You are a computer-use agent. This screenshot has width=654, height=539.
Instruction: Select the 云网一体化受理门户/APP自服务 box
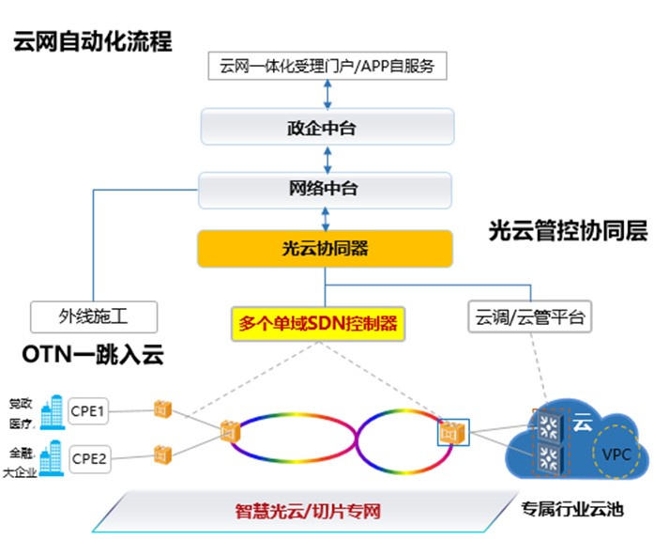pos(327,67)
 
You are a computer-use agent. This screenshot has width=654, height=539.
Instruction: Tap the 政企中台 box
pos(327,127)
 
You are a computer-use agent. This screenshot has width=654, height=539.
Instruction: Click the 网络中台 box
pos(327,189)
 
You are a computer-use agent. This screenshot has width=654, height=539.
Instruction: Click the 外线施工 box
pos(93,317)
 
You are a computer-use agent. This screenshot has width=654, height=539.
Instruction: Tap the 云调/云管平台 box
pos(529,317)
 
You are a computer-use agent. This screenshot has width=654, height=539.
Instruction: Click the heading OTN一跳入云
pos(93,354)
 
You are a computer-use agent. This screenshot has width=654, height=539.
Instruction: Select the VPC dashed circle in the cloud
pos(615,454)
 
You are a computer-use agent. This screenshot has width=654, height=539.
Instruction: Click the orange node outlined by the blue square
pos(452,433)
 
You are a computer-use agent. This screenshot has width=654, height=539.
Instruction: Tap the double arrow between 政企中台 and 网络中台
pos(327,158)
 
